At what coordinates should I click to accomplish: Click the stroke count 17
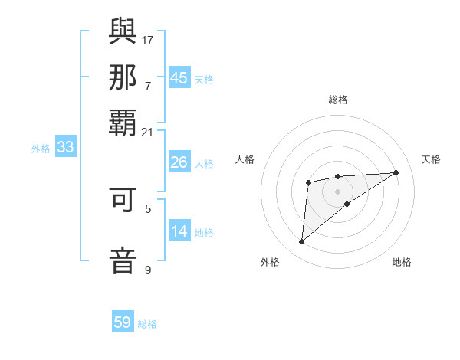coord(148,40)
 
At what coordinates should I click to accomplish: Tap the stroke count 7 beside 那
coord(148,86)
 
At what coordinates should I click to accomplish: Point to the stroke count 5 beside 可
coord(148,208)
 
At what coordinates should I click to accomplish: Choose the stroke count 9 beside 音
coord(148,269)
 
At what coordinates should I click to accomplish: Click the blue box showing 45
coord(179,78)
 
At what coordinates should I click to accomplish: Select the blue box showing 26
coord(179,162)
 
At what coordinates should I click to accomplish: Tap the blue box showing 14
coord(179,231)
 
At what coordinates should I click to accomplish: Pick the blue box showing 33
coord(65,147)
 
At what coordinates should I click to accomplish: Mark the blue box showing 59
coord(123,322)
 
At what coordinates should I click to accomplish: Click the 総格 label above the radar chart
coord(337,100)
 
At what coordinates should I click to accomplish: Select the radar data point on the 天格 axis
coord(396,172)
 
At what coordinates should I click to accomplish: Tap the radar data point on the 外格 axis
coord(301,242)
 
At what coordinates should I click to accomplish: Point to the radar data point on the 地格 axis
coord(347,204)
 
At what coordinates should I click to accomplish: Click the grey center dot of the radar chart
coord(337,191)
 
